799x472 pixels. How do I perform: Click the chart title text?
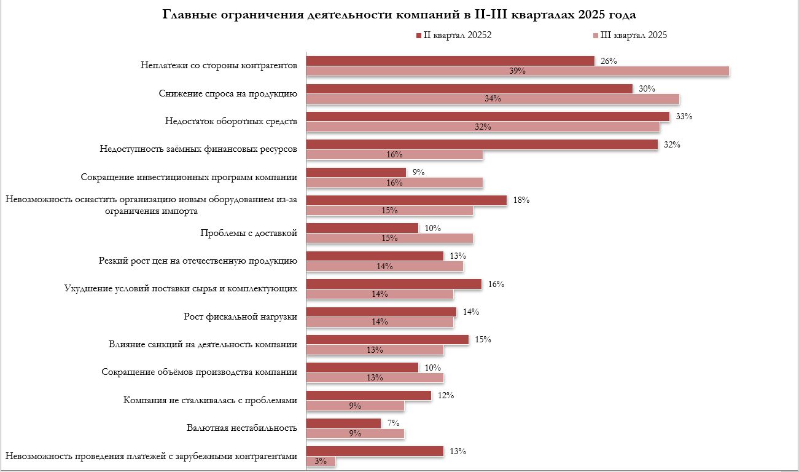(x=399, y=14)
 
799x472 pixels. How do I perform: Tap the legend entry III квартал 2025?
(x=629, y=35)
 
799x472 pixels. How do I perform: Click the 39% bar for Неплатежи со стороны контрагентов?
(x=517, y=71)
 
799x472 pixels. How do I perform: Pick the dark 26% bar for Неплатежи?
(x=450, y=61)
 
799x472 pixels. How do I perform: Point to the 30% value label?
(x=647, y=88)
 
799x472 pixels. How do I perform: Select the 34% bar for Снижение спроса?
(x=493, y=99)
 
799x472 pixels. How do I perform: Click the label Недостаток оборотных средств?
(x=231, y=122)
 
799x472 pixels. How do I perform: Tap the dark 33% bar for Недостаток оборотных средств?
(x=488, y=117)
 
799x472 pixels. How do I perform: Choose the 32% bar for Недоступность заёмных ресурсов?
(x=482, y=144)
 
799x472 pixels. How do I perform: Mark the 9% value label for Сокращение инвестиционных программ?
(x=419, y=173)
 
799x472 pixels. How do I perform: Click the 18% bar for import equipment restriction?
(x=407, y=200)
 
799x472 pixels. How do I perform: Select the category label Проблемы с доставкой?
(x=249, y=233)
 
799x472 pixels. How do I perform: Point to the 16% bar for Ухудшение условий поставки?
(x=394, y=284)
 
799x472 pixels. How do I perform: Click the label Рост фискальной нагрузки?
(x=240, y=317)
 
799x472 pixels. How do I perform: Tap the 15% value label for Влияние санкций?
(x=483, y=339)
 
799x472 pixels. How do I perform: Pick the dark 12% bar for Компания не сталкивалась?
(x=368, y=395)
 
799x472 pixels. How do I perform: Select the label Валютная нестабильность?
(x=241, y=428)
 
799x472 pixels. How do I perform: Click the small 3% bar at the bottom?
(x=321, y=462)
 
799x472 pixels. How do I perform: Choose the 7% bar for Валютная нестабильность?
(x=343, y=423)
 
